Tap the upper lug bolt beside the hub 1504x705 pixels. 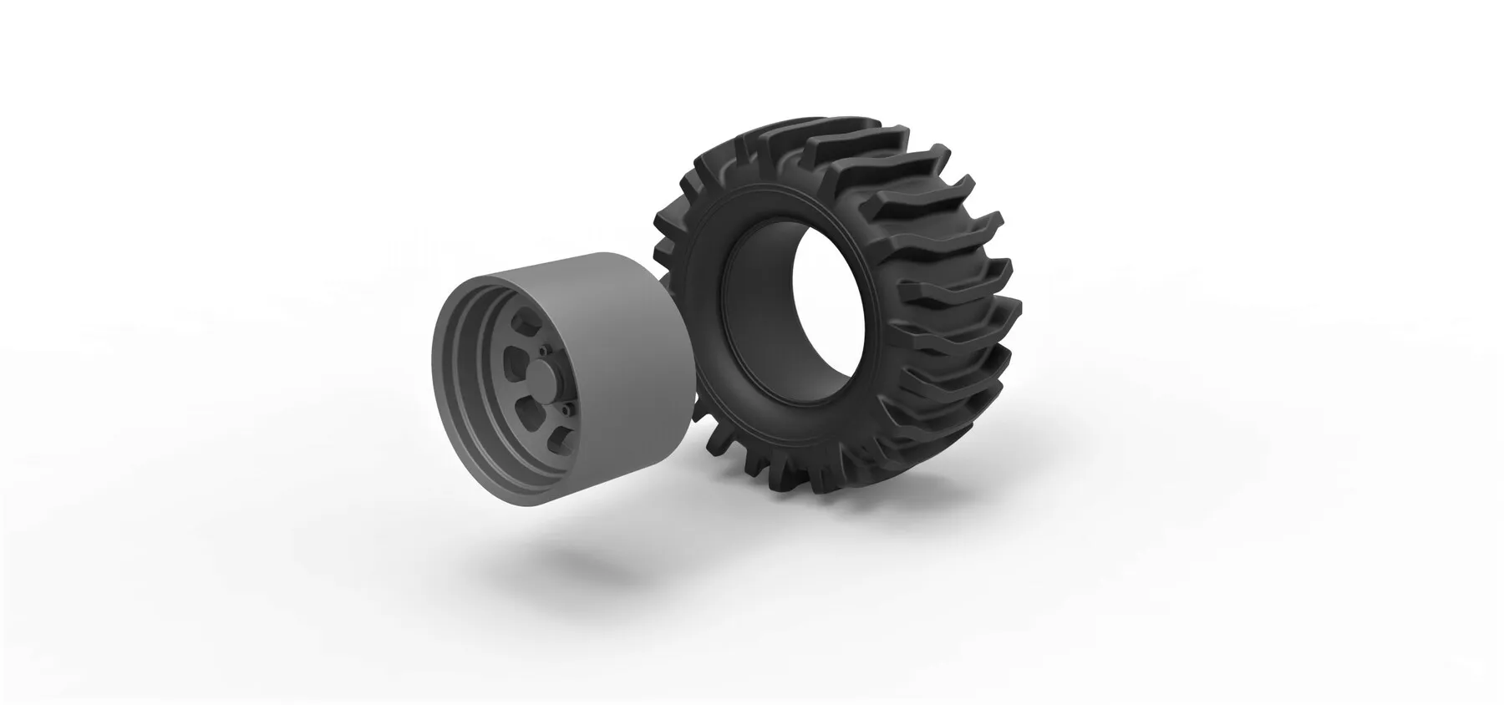pos(542,351)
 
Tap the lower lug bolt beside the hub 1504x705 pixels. pos(567,408)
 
